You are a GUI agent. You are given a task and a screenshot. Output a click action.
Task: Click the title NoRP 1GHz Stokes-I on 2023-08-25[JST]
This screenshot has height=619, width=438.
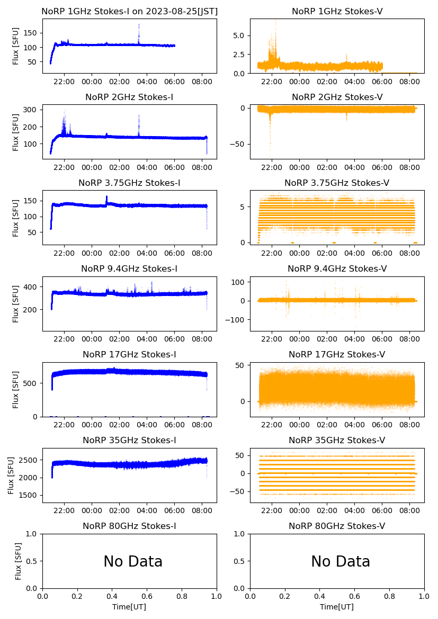click(129, 11)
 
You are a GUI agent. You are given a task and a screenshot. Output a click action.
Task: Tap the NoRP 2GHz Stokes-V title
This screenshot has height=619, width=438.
click(337, 97)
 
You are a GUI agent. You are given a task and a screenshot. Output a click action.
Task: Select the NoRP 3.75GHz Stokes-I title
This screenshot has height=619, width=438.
click(129, 183)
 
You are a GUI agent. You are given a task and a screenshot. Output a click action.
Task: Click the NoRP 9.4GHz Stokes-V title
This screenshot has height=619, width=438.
click(337, 268)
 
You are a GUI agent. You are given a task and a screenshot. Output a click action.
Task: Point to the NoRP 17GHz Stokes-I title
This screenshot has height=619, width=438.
click(129, 354)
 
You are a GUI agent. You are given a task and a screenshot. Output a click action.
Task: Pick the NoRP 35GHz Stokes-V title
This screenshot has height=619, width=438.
click(337, 440)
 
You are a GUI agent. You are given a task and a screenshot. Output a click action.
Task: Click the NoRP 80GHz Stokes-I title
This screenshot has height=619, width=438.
click(129, 526)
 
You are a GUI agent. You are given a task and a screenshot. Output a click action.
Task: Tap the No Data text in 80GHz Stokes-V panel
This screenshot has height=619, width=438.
click(340, 561)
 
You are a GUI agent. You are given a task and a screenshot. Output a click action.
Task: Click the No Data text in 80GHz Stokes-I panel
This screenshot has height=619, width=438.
click(132, 561)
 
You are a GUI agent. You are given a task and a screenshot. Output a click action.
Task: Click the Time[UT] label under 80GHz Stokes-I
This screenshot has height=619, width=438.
click(129, 607)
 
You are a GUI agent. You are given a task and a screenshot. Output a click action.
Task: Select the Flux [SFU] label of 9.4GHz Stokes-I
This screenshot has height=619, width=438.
click(16, 304)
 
